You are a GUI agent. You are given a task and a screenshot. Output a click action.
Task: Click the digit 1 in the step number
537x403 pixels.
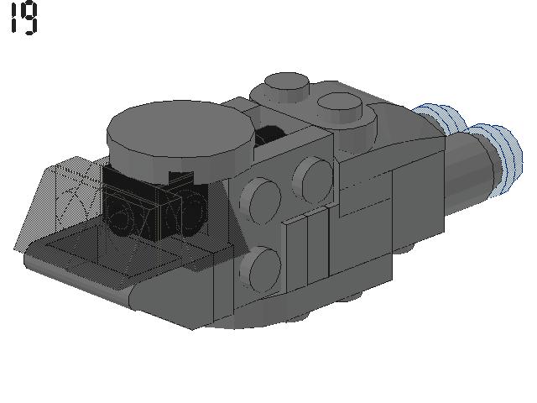coord(13,17)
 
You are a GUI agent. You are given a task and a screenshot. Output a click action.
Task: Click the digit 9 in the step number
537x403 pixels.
coord(30,18)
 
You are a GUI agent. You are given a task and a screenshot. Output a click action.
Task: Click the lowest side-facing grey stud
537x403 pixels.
coord(261,269)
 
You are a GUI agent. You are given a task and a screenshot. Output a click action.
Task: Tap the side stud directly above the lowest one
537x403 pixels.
coord(261,201)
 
